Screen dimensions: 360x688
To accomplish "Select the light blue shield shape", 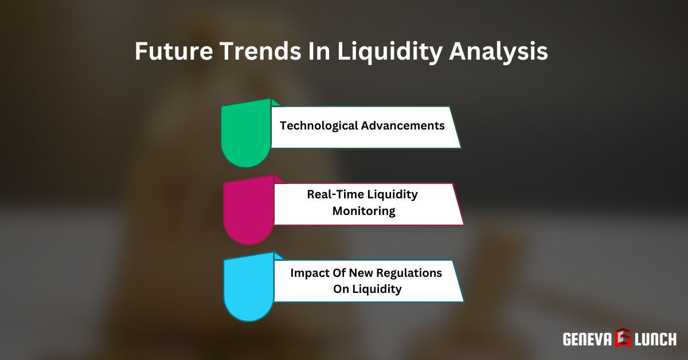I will pos(248,289).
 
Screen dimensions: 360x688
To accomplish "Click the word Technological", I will pos(318,126).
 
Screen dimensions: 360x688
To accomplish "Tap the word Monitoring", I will pos(364,211).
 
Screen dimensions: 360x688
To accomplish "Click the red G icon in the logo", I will pos(623,338).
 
